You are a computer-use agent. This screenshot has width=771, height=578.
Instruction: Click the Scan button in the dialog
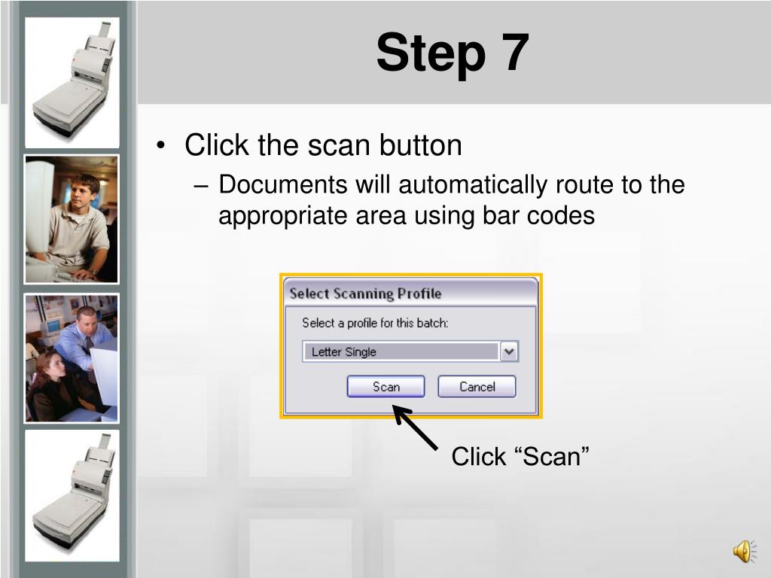click(386, 386)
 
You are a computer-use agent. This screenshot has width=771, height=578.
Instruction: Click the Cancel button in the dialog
click(477, 386)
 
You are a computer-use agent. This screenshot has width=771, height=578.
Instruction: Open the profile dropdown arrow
click(510, 351)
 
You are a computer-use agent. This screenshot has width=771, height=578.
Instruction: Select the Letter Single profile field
click(401, 351)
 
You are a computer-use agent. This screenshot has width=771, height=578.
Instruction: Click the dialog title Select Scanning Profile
click(365, 294)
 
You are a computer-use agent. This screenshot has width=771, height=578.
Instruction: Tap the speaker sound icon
click(745, 550)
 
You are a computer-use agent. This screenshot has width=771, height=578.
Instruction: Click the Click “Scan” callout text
click(520, 456)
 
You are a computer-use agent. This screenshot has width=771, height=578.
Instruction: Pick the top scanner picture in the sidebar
click(72, 83)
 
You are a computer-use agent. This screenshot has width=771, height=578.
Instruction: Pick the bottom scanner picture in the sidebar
click(72, 495)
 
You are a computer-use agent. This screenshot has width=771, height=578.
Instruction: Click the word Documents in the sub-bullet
click(283, 185)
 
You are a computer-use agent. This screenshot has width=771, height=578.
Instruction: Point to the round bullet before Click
click(160, 145)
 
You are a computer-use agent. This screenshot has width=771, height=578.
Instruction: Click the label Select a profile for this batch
click(375, 323)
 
